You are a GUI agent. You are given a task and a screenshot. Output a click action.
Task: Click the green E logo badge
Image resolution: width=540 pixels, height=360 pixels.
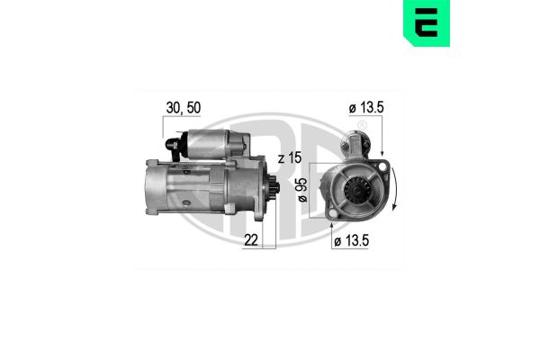(427, 22)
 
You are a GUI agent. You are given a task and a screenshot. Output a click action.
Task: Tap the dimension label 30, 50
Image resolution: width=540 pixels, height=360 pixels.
(184, 108)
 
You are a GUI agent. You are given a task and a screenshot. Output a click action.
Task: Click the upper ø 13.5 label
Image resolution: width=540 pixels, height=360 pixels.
(366, 108)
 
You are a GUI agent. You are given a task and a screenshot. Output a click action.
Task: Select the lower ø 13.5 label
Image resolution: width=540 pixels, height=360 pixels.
(351, 240)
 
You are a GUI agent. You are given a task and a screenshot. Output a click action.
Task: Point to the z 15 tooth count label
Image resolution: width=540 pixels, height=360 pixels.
(290, 157)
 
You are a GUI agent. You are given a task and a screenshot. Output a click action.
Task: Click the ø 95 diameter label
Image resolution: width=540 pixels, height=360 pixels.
(301, 190)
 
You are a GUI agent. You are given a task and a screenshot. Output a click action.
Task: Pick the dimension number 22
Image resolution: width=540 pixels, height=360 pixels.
(251, 240)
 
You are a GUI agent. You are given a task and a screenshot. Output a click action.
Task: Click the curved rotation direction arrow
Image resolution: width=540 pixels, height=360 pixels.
(394, 188)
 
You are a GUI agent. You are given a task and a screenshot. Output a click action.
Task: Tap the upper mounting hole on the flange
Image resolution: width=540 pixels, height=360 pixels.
(382, 167)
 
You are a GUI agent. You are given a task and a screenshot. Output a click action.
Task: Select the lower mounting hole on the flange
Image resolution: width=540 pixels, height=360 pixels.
(332, 213)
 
